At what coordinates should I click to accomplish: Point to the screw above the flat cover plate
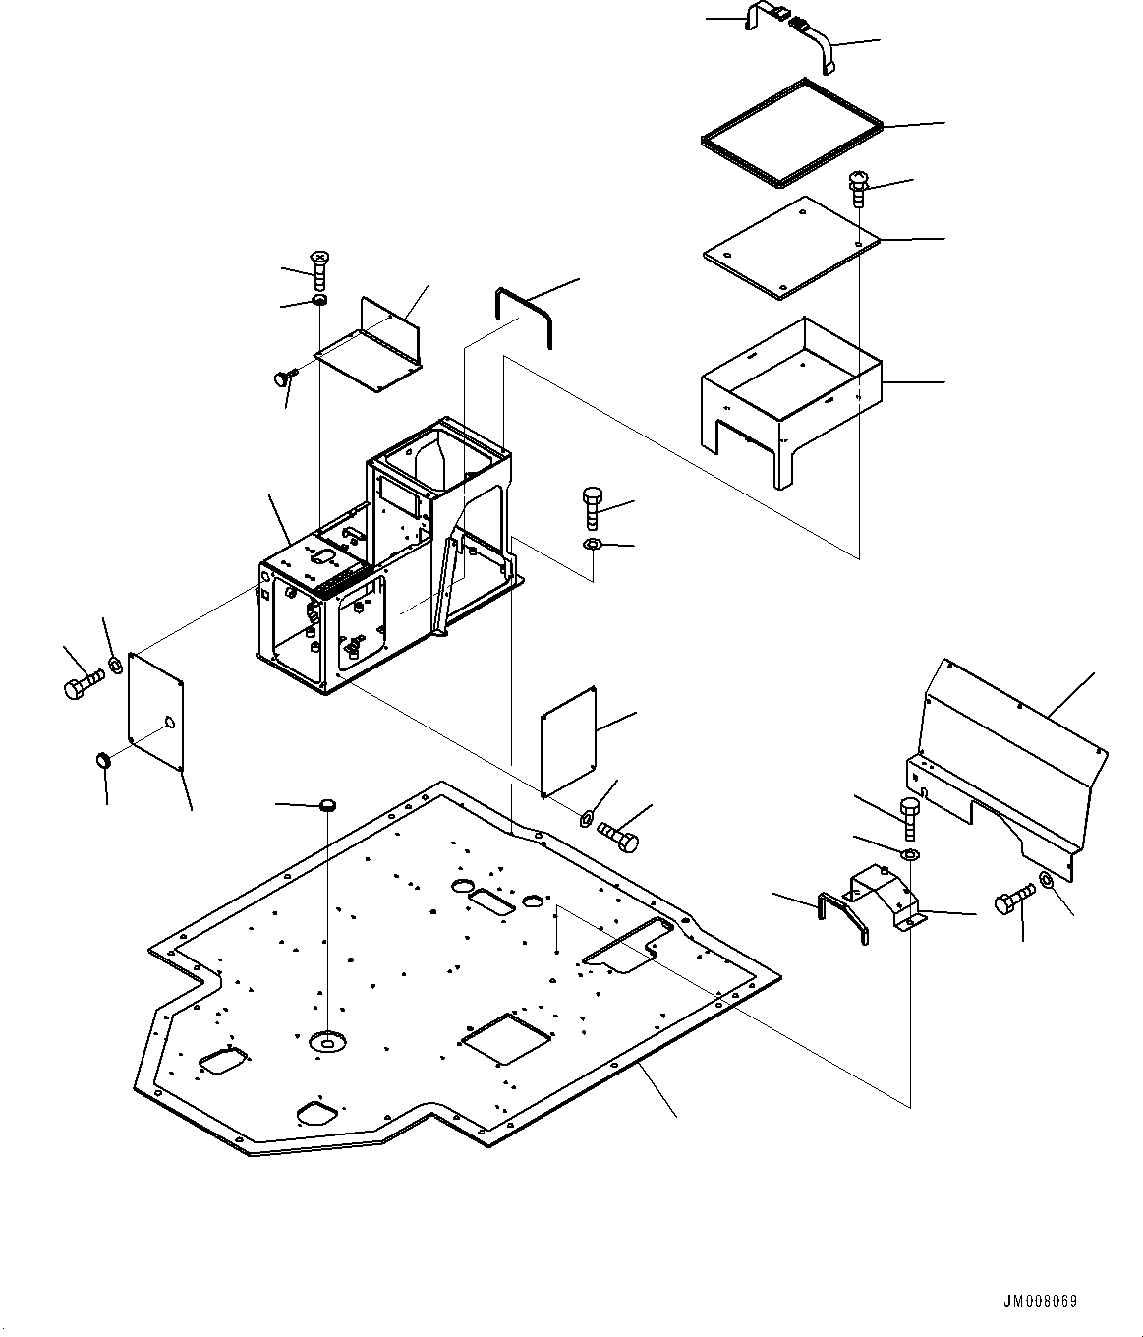pos(856,187)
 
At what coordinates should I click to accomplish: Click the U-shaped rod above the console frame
pos(525,315)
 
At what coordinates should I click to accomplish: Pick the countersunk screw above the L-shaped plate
pos(319,268)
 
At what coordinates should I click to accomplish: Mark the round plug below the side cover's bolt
pos(101,759)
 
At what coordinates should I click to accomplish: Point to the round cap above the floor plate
pos(328,806)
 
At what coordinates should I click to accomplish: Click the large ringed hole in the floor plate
pos(325,1039)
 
